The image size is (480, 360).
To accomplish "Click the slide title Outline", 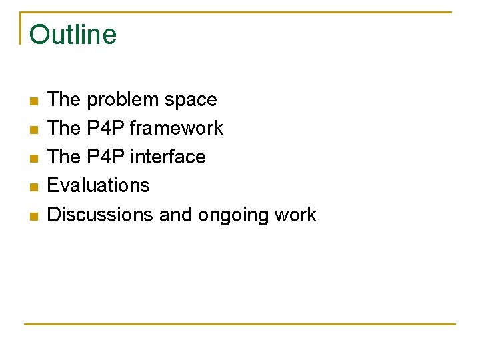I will click(73, 35).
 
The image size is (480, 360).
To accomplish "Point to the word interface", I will click(167, 157).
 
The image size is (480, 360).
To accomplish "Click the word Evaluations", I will click(99, 185).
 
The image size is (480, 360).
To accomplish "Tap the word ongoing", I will click(234, 215).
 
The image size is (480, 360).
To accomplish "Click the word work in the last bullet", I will click(296, 214).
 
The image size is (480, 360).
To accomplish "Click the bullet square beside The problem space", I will click(33, 101).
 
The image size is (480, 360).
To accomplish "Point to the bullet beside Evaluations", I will click(33, 187).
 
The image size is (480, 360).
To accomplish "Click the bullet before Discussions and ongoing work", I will click(33, 216).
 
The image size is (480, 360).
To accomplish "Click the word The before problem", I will click(64, 100).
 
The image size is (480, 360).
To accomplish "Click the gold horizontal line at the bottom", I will click(240, 324).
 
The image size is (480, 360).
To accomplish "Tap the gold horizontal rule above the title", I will click(240, 12).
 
